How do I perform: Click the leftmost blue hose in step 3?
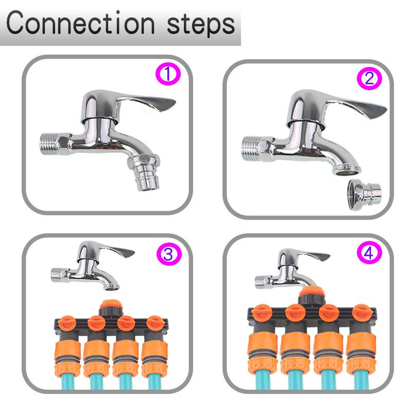pyautogui.click(x=66, y=381)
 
